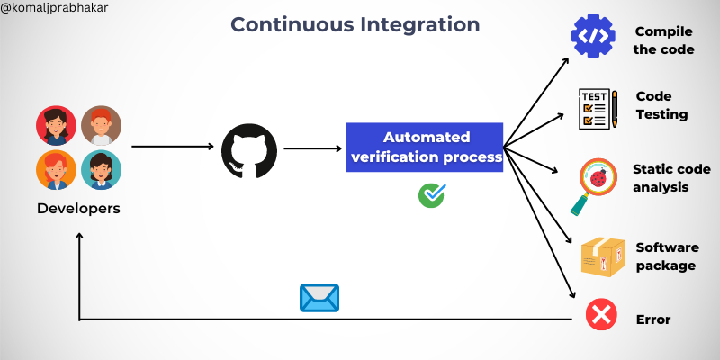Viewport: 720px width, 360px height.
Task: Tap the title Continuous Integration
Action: (x=355, y=23)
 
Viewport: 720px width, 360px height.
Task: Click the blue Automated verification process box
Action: (x=426, y=148)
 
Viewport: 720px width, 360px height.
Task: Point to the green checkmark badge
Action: (x=432, y=195)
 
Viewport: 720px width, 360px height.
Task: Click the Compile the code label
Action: (x=664, y=40)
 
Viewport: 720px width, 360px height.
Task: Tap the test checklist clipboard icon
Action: (x=597, y=107)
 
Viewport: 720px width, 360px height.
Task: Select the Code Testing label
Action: (x=661, y=105)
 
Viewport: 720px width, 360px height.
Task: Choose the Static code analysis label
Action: (x=670, y=178)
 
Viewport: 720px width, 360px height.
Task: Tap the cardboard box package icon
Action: (x=601, y=258)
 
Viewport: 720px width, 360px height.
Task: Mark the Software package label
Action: (x=666, y=256)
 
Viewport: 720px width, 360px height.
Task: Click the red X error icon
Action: (x=600, y=316)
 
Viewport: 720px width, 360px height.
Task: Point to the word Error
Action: (x=653, y=319)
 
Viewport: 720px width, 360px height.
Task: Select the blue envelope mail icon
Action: (x=319, y=297)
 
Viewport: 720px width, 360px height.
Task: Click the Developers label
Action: (x=78, y=209)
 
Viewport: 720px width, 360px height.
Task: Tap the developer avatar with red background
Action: (x=56, y=125)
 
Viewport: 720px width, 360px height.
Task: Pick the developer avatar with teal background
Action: (x=101, y=168)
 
